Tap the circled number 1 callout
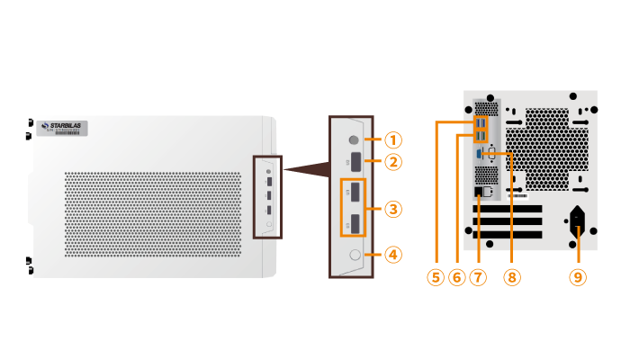coord(393,139)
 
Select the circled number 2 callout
coord(393,162)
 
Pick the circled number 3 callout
coord(393,209)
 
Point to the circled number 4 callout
coord(393,255)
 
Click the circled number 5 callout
coord(436,277)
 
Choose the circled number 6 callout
coord(456,277)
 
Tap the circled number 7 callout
coord(478,277)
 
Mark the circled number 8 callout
coord(511,277)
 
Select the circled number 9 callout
coord(577,277)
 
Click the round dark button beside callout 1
coord(353,139)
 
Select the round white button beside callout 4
coord(353,255)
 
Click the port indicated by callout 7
coord(478,191)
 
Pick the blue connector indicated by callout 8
coord(479,154)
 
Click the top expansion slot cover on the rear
coord(508,209)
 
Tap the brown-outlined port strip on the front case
coord(268,197)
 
